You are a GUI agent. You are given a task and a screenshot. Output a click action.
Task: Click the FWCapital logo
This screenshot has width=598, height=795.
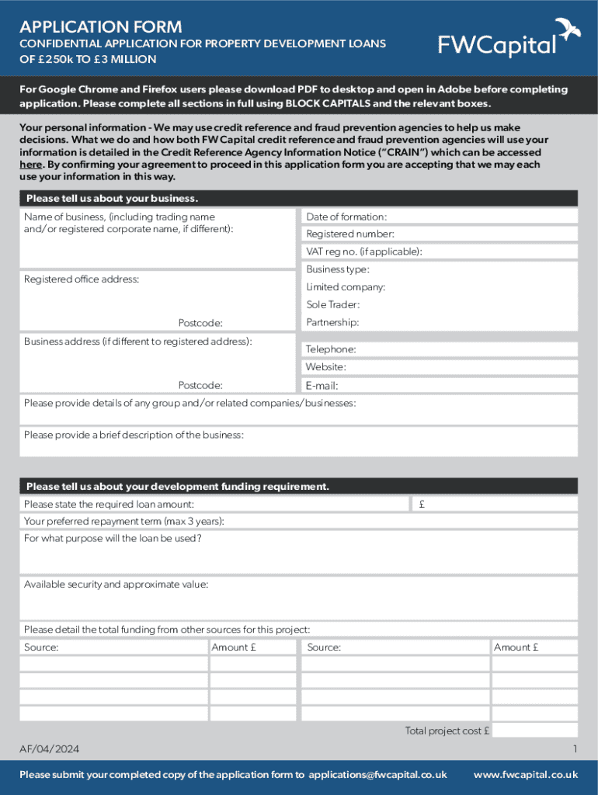click(x=497, y=44)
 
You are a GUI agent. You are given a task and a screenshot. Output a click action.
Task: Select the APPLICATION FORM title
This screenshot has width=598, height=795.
click(x=101, y=27)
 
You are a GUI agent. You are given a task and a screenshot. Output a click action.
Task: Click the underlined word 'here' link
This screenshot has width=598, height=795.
click(x=30, y=165)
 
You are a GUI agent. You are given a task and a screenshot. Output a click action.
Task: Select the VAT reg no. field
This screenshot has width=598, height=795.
click(x=497, y=252)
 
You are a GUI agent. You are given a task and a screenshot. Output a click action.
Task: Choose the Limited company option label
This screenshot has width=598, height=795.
click(x=346, y=287)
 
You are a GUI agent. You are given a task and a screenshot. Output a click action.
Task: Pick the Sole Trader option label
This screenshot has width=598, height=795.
click(x=332, y=305)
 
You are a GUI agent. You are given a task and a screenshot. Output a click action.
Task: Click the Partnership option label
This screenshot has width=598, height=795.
click(x=332, y=322)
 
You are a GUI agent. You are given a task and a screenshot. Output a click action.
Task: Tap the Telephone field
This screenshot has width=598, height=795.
click(x=466, y=349)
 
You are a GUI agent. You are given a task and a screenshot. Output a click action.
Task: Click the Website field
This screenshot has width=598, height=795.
click(x=466, y=367)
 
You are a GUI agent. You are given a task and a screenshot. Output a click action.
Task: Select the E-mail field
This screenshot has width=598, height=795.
click(x=466, y=385)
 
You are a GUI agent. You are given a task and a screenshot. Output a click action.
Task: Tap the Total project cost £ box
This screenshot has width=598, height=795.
click(x=534, y=731)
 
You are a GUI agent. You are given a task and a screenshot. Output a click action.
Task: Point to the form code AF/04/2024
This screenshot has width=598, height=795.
click(x=49, y=749)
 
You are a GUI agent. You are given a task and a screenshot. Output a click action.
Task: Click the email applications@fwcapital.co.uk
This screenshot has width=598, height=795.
click(x=377, y=775)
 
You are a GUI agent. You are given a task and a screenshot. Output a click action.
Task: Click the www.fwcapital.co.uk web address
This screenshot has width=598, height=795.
click(x=525, y=775)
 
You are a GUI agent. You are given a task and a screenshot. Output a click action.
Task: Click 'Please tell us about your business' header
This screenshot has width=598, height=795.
click(x=112, y=198)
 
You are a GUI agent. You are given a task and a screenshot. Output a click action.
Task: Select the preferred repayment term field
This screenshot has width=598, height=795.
click(x=388, y=522)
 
